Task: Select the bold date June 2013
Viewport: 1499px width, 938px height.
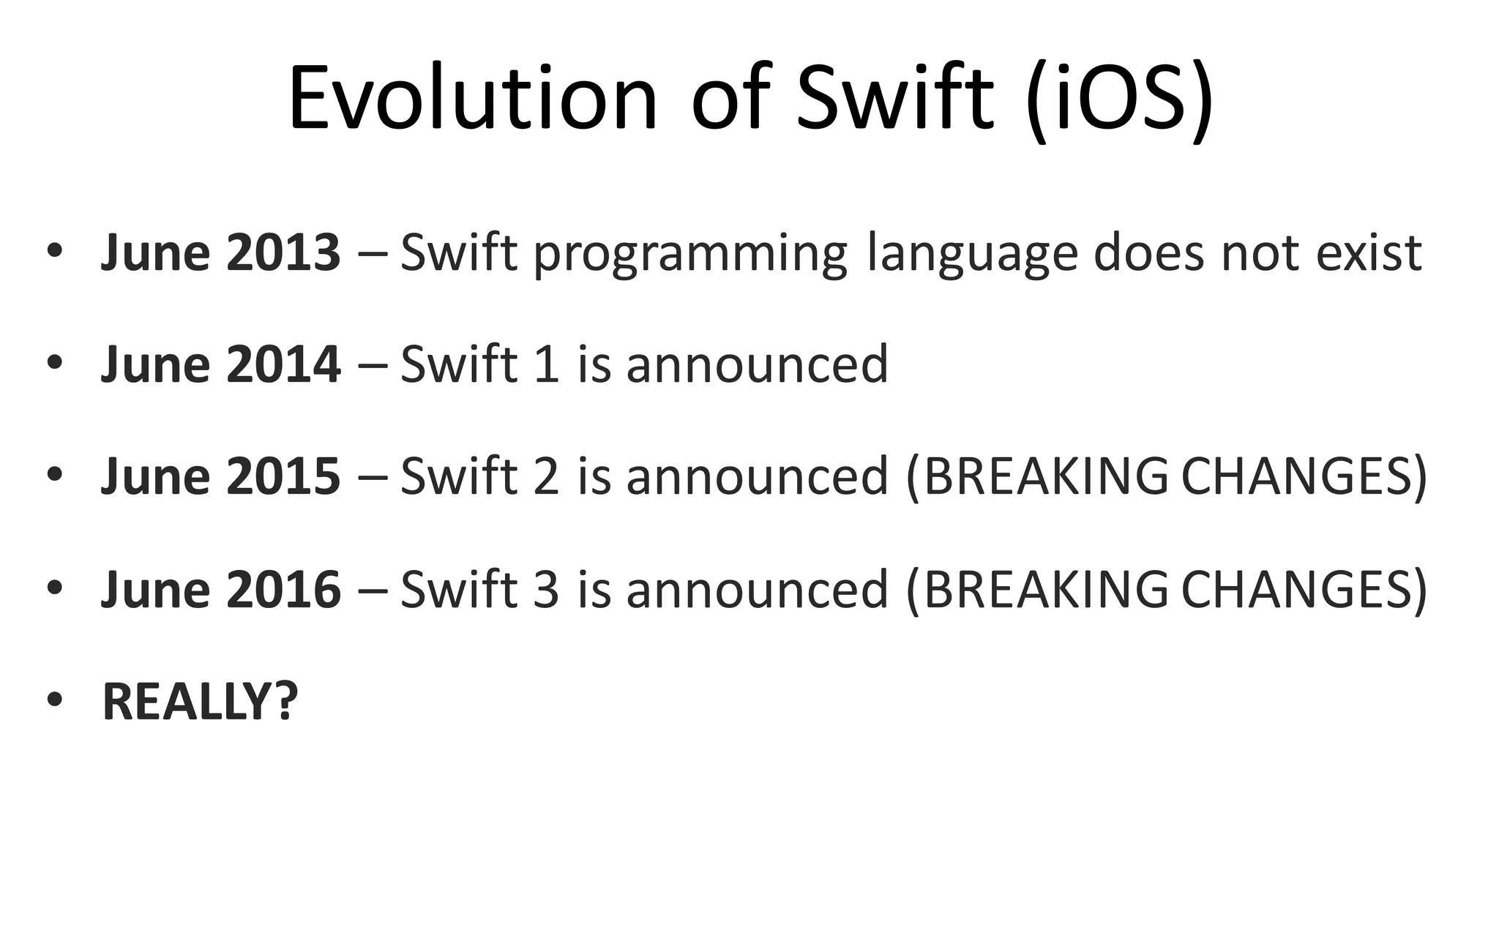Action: [220, 252]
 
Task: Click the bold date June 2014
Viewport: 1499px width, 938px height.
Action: [220, 364]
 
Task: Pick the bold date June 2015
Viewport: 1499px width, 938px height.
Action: [220, 476]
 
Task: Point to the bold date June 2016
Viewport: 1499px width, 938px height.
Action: [220, 589]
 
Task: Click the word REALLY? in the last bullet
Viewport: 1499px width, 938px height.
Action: [200, 701]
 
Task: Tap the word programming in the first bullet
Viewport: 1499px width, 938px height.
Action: [690, 255]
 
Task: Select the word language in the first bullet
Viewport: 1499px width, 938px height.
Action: [972, 255]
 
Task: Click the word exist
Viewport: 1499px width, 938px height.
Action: [1369, 252]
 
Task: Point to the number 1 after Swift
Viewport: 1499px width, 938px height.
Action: [547, 364]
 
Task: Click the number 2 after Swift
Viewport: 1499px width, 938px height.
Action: [547, 476]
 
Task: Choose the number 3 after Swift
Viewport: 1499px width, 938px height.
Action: [547, 589]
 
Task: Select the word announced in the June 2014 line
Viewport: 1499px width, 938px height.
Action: [757, 364]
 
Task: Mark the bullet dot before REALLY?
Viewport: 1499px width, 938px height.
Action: [54, 700]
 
